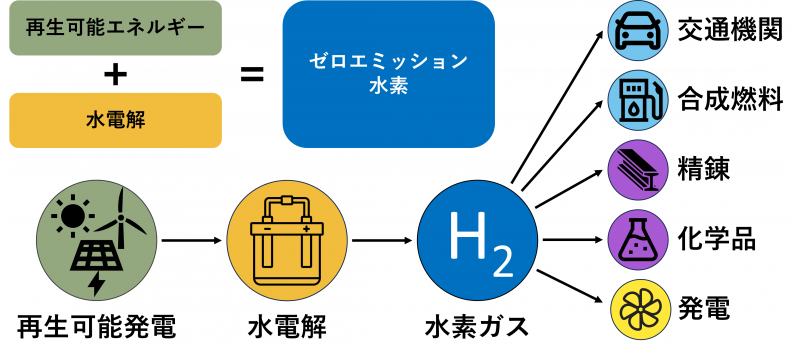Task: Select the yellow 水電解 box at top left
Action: coord(115,120)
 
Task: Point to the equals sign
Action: coord(252,73)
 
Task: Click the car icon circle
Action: coord(638,30)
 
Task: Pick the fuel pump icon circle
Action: coord(638,98)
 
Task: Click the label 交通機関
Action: coord(729,31)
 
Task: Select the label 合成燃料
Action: coord(729,99)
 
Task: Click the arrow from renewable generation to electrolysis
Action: coord(191,240)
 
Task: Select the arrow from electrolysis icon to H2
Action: coord(382,240)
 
